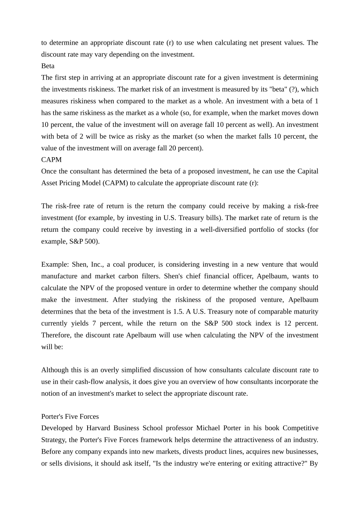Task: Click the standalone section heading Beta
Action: click(48, 66)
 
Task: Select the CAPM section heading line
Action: click(51, 159)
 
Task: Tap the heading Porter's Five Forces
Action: click(70, 416)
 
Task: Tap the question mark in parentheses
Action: click(293, 89)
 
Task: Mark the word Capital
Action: click(307, 171)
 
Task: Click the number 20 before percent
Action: click(172, 148)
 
